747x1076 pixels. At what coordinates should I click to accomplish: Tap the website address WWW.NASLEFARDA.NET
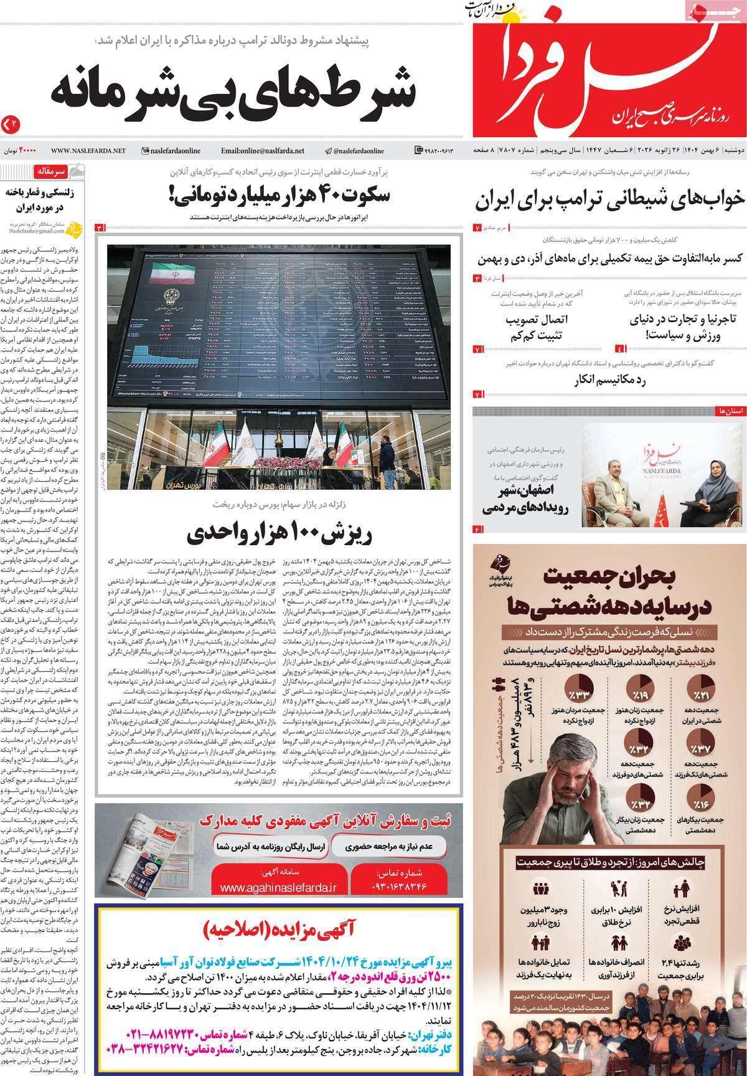(x=88, y=151)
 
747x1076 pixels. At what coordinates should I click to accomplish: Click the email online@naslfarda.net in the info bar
(x=262, y=151)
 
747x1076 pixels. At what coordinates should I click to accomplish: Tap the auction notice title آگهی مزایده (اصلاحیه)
(x=280, y=928)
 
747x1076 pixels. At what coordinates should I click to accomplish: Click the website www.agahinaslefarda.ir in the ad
(x=277, y=887)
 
